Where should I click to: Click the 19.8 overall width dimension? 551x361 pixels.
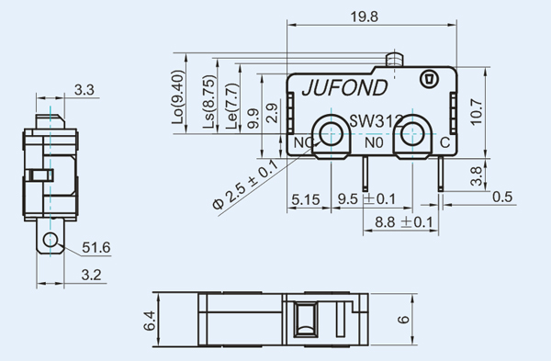click(x=365, y=17)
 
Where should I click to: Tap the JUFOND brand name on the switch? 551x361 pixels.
click(x=344, y=88)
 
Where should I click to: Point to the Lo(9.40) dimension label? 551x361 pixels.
click(x=178, y=97)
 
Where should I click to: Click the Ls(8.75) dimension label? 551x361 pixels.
click(x=208, y=102)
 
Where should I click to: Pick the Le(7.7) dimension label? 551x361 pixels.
click(x=232, y=107)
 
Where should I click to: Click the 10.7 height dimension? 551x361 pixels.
click(x=477, y=112)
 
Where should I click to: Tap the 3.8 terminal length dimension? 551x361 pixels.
click(x=476, y=176)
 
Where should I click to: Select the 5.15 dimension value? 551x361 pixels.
click(x=306, y=199)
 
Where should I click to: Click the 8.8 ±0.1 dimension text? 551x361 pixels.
click(x=404, y=222)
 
